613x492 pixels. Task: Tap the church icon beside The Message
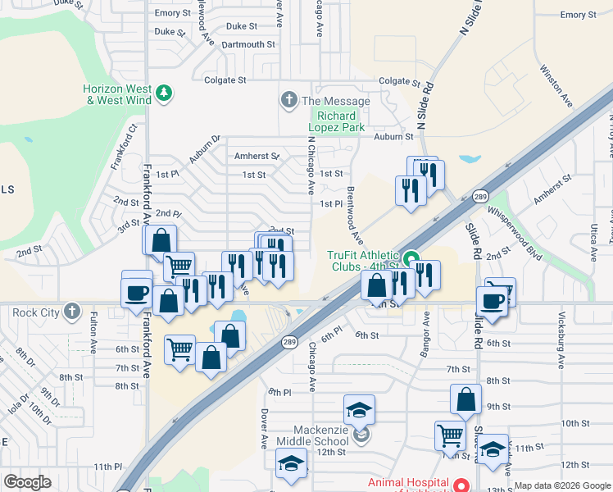coord(288,101)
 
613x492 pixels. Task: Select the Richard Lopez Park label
coord(336,121)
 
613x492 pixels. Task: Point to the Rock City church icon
coord(73,312)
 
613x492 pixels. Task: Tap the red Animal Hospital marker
coord(461,483)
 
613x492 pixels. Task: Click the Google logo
coord(28,482)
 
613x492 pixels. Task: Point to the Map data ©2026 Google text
coord(562,485)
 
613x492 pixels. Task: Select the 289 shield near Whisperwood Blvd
coord(480,198)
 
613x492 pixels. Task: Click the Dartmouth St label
coord(248,44)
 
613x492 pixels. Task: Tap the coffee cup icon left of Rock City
coord(136,293)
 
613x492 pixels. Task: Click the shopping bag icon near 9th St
coord(465,400)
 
